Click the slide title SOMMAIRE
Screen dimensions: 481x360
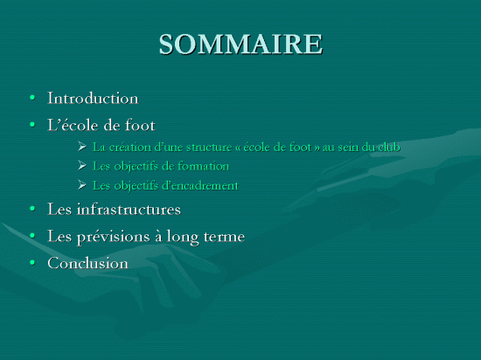pyautogui.click(x=240, y=44)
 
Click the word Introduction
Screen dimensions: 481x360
pyautogui.click(x=93, y=99)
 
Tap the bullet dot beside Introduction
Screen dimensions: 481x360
pyautogui.click(x=32, y=98)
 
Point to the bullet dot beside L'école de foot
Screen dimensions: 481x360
pyautogui.click(x=32, y=125)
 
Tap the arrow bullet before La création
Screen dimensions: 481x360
pyautogui.click(x=82, y=147)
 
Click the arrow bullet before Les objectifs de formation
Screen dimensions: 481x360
pyautogui.click(x=82, y=165)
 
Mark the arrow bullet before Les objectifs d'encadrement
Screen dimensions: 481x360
pyautogui.click(x=82, y=184)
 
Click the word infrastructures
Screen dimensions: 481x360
pyautogui.click(x=129, y=209)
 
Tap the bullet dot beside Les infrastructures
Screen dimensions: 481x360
pyautogui.click(x=32, y=209)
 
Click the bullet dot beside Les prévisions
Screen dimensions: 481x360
pyautogui.click(x=32, y=236)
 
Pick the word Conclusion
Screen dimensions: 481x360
pyautogui.click(x=88, y=263)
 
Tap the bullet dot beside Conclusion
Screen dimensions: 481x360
pyautogui.click(x=32, y=262)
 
